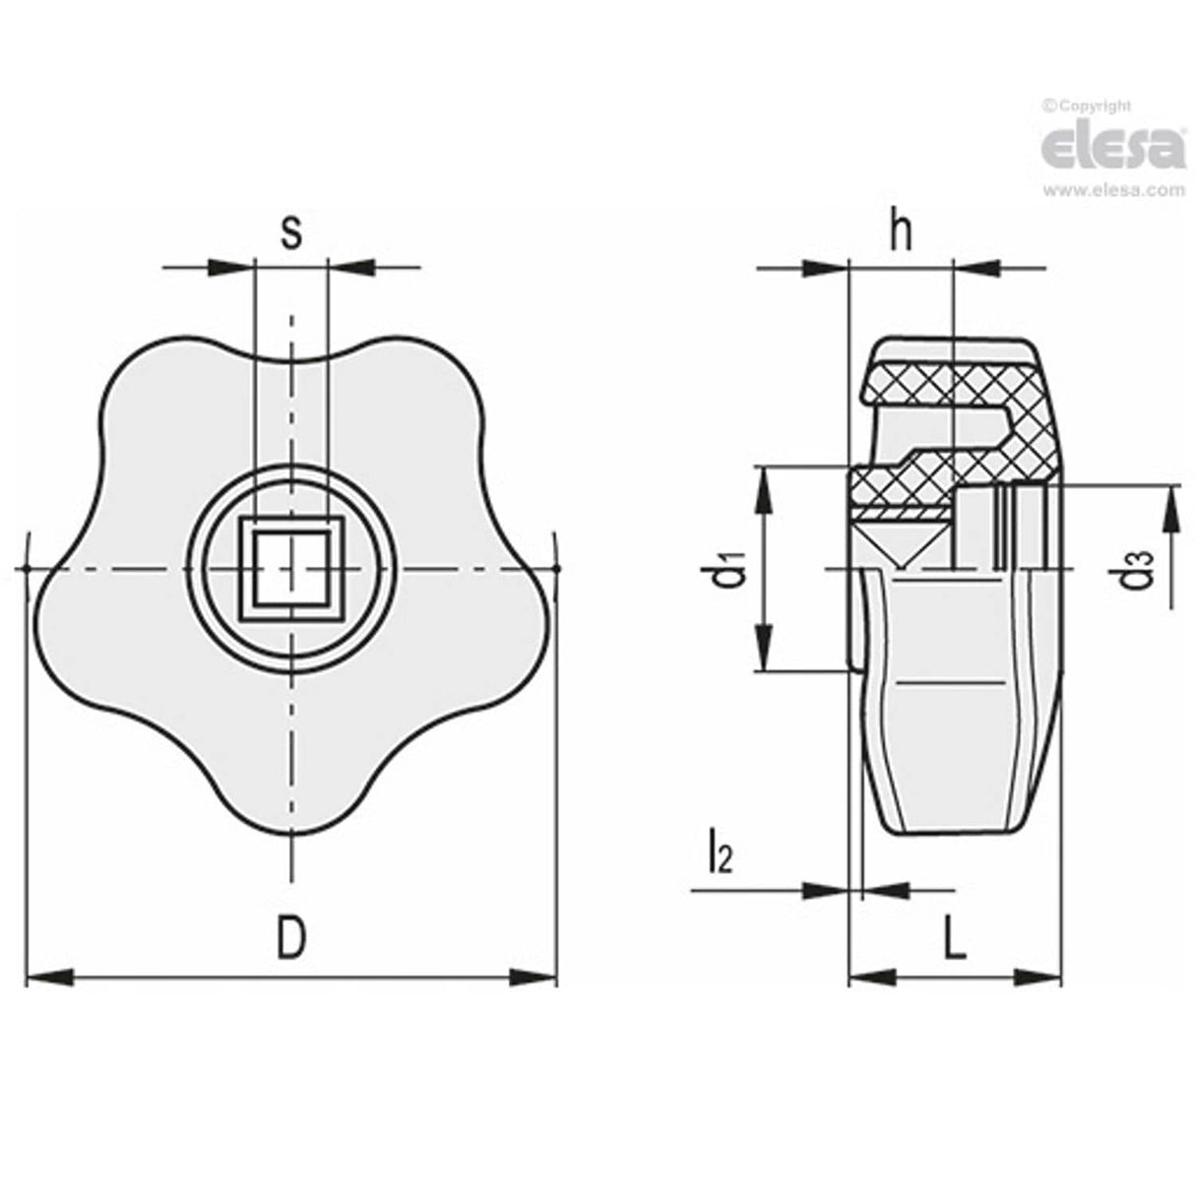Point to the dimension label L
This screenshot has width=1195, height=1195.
pyautogui.click(x=953, y=941)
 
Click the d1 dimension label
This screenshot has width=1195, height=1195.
pyautogui.click(x=728, y=572)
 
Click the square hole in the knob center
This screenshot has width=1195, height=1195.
pyautogui.click(x=289, y=569)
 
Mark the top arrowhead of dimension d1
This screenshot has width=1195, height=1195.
pyautogui.click(x=766, y=490)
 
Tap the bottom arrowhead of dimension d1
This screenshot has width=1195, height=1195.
pyautogui.click(x=766, y=650)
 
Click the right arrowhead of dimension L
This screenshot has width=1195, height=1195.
pyautogui.click(x=1038, y=976)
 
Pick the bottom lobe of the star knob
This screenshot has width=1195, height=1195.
pyautogui.click(x=291, y=797)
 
